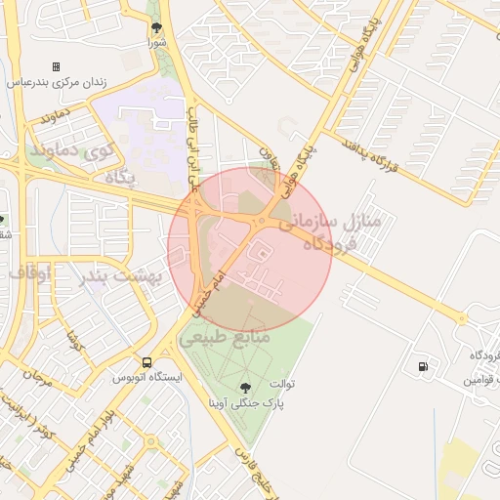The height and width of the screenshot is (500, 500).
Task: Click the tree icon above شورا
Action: pyautogui.click(x=156, y=27)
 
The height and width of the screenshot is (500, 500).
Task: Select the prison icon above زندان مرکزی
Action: pyautogui.click(x=56, y=66)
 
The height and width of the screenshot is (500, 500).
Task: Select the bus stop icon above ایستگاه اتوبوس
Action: pyautogui.click(x=146, y=362)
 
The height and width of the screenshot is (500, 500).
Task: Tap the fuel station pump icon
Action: pyautogui.click(x=422, y=367)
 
